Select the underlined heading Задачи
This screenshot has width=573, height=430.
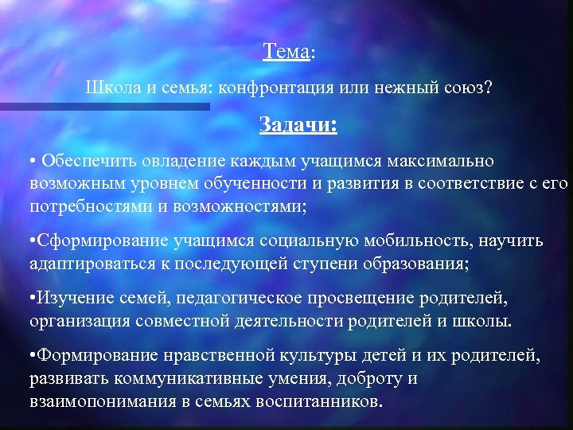click(x=298, y=125)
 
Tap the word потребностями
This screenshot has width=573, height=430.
click(x=84, y=207)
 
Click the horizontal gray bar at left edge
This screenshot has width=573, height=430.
click(x=103, y=106)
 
